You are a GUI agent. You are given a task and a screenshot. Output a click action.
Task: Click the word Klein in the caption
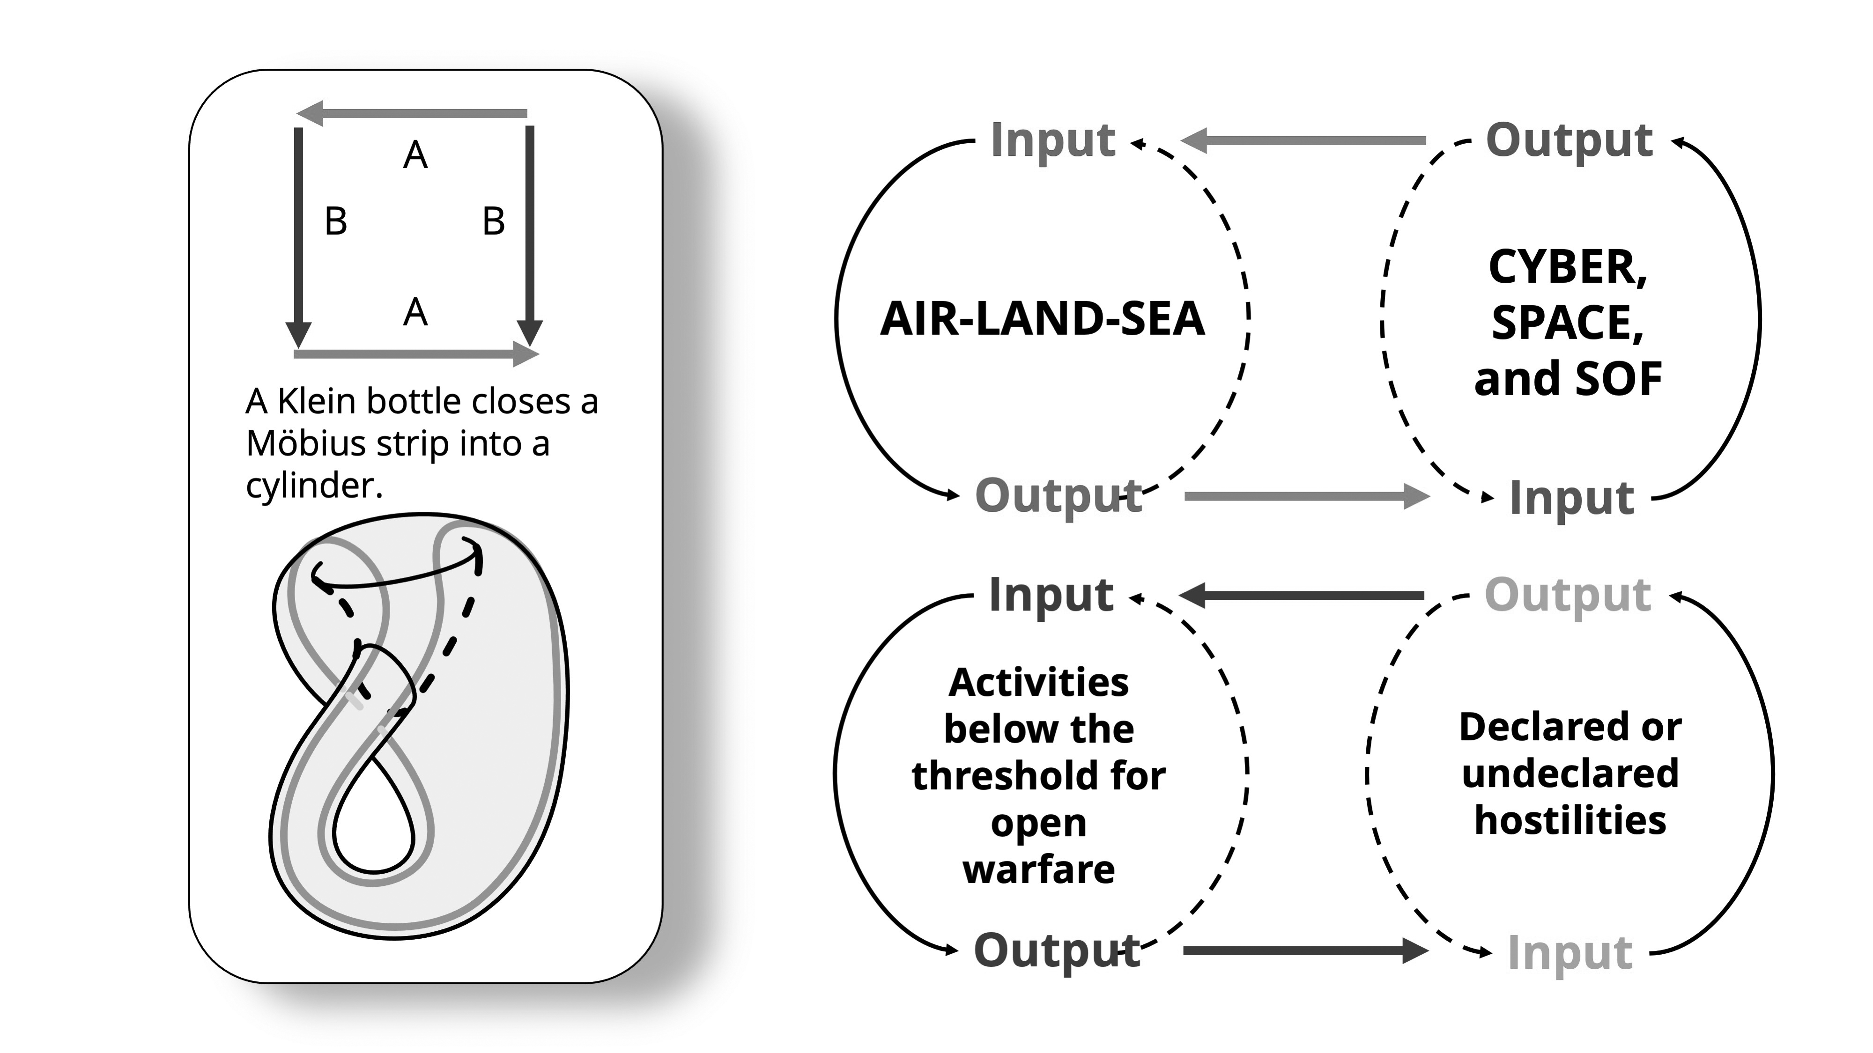tap(318, 401)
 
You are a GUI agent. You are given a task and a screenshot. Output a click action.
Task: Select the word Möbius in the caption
tap(305, 443)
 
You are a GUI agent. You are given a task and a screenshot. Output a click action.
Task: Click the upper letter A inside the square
tap(415, 155)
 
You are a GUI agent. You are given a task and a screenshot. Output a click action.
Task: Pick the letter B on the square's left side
tap(336, 221)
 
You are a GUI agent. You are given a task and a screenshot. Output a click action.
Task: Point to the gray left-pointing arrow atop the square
tap(412, 113)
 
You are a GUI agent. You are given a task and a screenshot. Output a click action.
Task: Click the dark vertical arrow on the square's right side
tap(530, 233)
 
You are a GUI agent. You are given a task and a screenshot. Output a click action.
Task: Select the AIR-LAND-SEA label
tap(1042, 318)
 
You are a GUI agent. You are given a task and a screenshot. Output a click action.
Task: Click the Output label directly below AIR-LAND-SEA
tap(1058, 496)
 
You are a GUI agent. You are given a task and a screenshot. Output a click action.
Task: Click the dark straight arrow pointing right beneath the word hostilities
tap(1305, 950)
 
